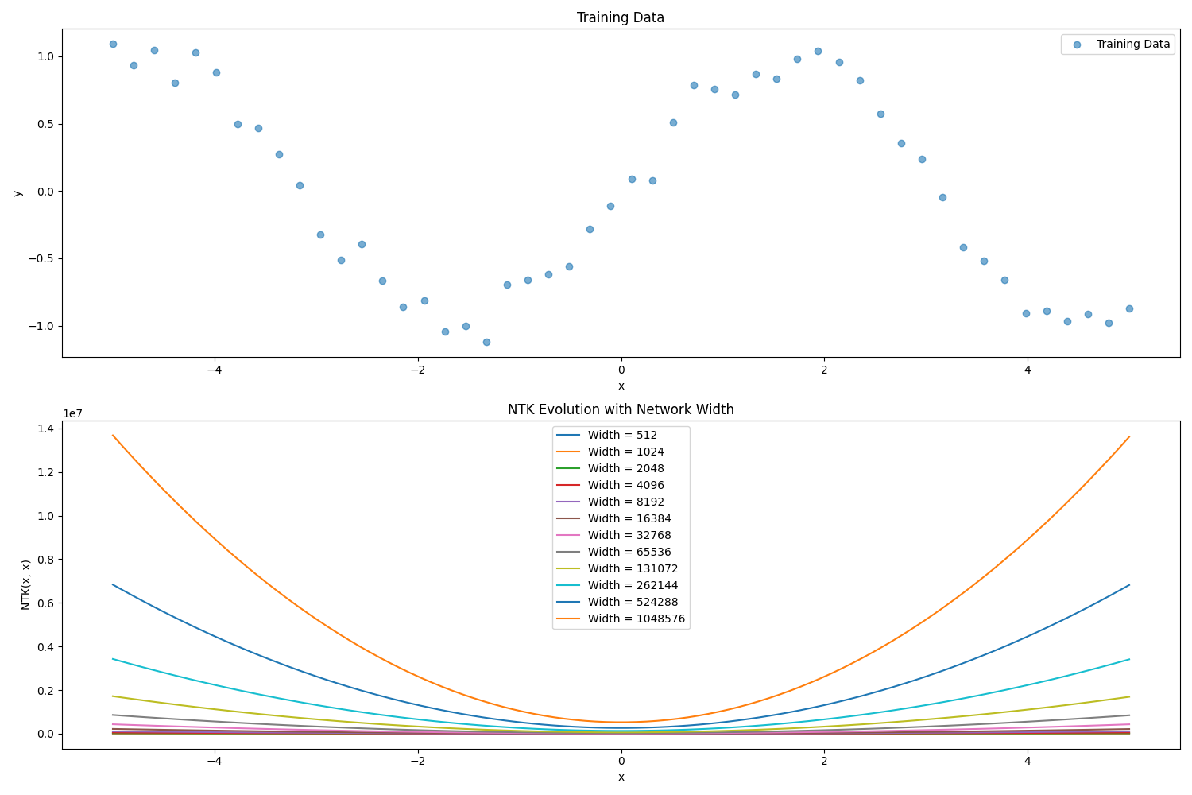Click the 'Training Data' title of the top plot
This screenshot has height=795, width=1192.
click(620, 17)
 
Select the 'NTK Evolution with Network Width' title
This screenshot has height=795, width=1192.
click(620, 409)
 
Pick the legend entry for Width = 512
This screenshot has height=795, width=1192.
click(622, 435)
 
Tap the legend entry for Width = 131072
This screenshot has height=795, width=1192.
click(633, 568)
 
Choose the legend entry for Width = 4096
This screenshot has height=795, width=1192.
click(625, 485)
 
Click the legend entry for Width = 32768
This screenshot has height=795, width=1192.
click(629, 535)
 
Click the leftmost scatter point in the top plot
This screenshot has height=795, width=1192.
click(113, 44)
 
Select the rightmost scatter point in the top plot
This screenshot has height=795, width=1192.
click(1129, 308)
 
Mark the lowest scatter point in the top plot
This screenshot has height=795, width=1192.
click(486, 342)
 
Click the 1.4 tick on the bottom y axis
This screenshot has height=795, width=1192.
click(46, 429)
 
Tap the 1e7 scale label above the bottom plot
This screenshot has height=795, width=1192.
click(73, 413)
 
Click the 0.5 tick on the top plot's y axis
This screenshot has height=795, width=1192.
click(46, 124)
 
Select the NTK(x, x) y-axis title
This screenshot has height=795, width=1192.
click(25, 584)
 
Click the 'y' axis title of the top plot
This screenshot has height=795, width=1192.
click(17, 192)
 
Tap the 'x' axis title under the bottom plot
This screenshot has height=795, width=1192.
click(621, 777)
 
